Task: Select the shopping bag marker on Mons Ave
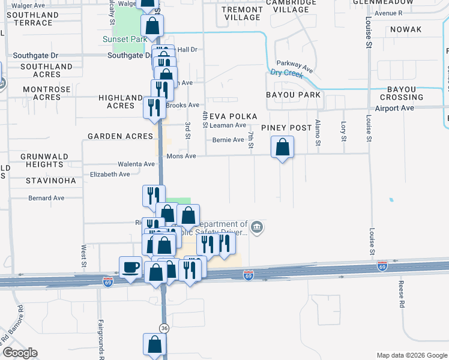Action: tap(282, 147)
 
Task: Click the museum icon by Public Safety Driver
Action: tap(257, 227)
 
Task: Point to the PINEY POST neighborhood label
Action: tap(286, 128)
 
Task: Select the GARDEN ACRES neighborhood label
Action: tap(121, 136)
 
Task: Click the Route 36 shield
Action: tap(164, 328)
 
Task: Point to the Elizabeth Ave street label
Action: tap(110, 175)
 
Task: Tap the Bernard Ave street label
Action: tap(46, 197)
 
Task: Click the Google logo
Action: tap(20, 353)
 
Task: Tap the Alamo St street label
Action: tap(318, 136)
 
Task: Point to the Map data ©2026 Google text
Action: tap(411, 355)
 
